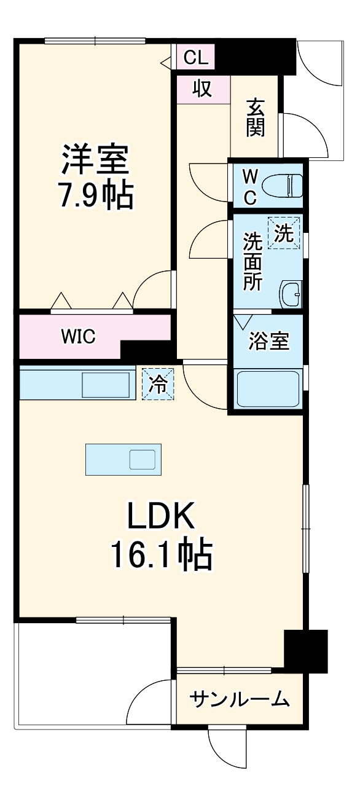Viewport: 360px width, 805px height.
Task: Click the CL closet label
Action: pos(196,58)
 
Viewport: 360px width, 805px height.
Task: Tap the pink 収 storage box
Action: pos(203,89)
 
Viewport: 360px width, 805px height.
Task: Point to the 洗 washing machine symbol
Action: pos(283,234)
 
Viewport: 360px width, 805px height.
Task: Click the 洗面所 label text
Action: pos(252,262)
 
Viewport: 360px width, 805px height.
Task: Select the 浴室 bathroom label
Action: pos(268,342)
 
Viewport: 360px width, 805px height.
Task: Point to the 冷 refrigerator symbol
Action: pos(158,385)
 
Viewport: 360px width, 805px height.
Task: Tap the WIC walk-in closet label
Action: pos(78,337)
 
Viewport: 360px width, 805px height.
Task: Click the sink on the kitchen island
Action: pos(142,460)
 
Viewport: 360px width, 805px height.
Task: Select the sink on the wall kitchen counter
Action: pos(106,385)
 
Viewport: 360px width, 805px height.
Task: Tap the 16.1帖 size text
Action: pos(162,555)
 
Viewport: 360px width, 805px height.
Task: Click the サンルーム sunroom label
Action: pos(239,699)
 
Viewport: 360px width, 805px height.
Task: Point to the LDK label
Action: pos(161,517)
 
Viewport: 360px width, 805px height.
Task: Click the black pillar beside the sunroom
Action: pos(305,650)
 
